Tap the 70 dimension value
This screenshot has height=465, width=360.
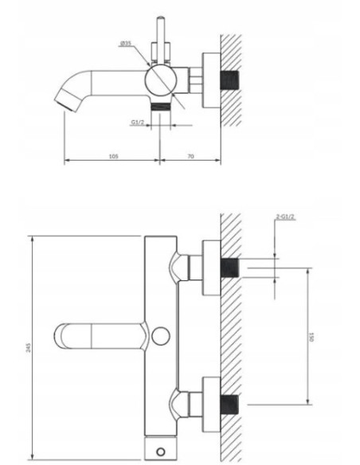(190, 157)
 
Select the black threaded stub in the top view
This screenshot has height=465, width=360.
(231, 81)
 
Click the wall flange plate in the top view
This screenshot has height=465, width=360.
(211, 81)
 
